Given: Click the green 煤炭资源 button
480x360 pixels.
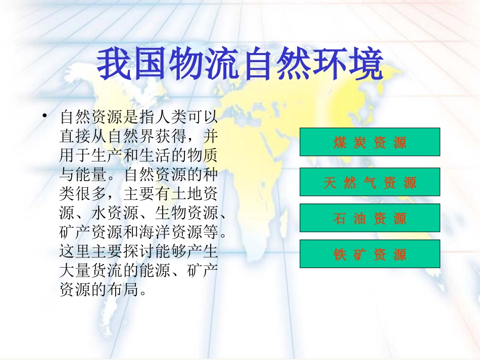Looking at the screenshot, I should coord(370,142).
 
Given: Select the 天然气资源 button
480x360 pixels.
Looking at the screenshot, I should coord(370,182).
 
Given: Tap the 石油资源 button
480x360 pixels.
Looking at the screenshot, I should coord(370,218).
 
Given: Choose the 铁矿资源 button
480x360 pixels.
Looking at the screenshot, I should coord(370,254).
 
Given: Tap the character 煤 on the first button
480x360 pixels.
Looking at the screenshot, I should coord(340,142).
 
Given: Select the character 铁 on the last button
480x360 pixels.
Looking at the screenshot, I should coord(340,254).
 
